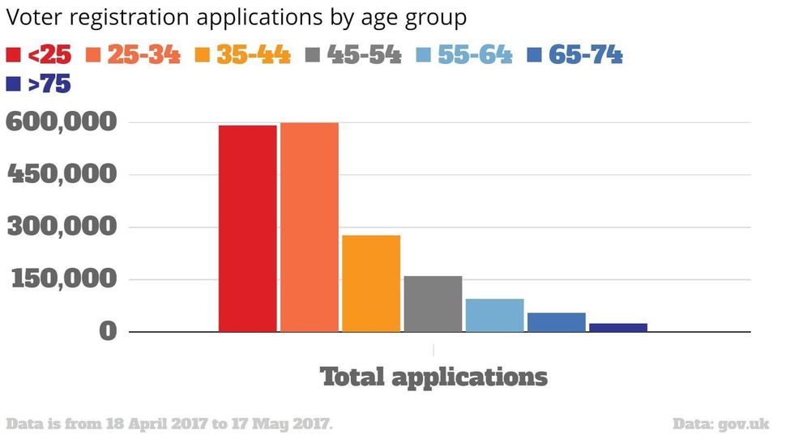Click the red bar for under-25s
click(x=247, y=228)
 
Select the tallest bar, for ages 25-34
click(x=309, y=227)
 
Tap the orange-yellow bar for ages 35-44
click(x=371, y=283)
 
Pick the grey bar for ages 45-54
click(x=433, y=304)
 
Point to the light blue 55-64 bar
click(x=494, y=315)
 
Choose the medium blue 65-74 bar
click(x=557, y=322)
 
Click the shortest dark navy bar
click(x=618, y=327)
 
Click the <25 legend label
click(x=49, y=55)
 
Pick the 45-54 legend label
click(x=365, y=55)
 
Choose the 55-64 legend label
click(x=475, y=55)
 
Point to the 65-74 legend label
click(x=585, y=55)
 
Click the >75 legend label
click(x=49, y=83)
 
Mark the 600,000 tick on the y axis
click(x=62, y=122)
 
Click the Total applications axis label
click(x=434, y=377)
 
